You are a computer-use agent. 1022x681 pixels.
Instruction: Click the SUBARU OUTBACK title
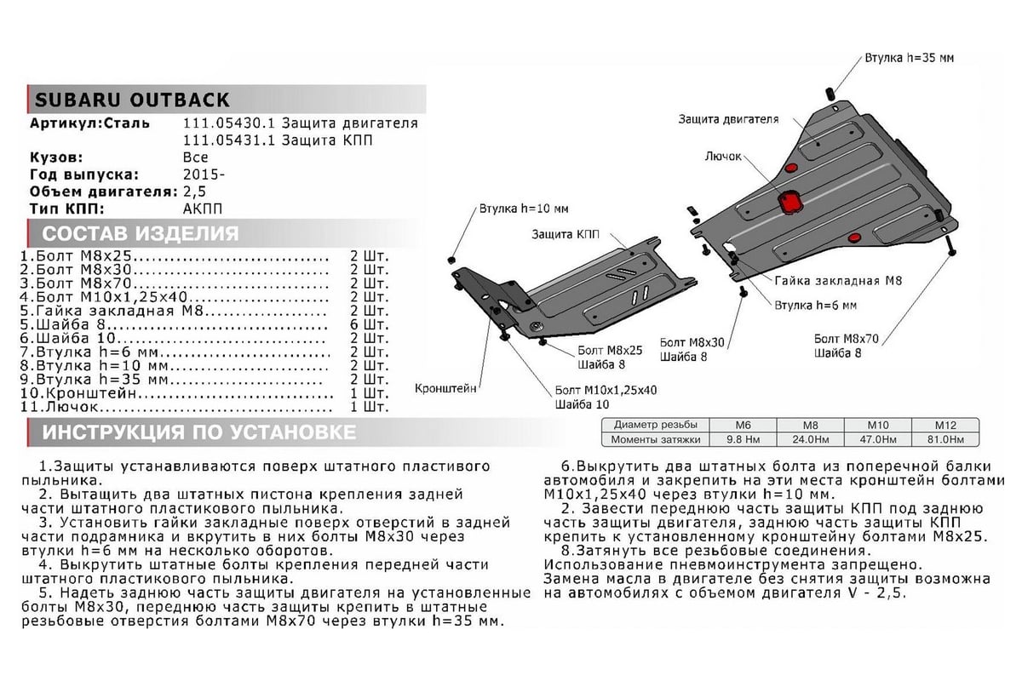(131, 100)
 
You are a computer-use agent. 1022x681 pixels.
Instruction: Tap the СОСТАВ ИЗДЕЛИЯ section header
(141, 234)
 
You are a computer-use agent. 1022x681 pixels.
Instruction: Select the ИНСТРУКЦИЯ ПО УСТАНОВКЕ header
(199, 432)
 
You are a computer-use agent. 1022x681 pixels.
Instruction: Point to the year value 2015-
(204, 175)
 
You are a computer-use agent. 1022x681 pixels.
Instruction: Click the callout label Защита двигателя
(728, 119)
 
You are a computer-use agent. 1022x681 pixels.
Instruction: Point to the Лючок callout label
(723, 157)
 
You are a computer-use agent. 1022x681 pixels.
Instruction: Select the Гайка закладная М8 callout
(838, 279)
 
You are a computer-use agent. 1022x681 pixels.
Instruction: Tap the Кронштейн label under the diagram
(445, 388)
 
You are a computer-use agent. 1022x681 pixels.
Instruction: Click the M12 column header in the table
(944, 425)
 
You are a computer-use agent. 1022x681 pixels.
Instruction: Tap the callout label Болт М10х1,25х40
(606, 390)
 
